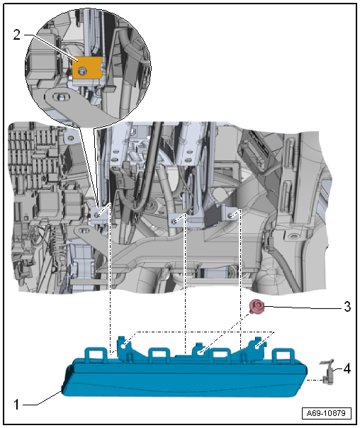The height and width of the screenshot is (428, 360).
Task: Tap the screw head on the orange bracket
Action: click(84, 71)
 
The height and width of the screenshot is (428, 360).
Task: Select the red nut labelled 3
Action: click(257, 306)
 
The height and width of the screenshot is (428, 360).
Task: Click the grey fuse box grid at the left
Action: click(32, 156)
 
